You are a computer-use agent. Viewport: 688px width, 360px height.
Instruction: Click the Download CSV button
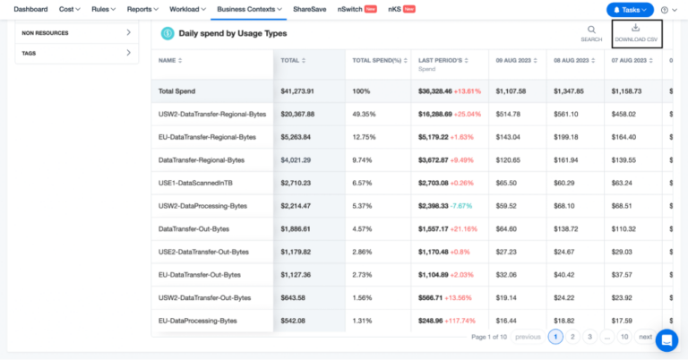[x=636, y=33]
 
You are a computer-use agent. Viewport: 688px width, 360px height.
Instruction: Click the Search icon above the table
[x=591, y=33]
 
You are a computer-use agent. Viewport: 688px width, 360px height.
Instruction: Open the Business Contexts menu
[x=249, y=9]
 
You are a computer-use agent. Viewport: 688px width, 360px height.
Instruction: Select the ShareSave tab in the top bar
[x=309, y=9]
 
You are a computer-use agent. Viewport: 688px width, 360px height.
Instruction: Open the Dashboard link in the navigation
[x=30, y=9]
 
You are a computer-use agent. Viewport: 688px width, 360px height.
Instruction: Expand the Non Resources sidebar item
[x=76, y=33]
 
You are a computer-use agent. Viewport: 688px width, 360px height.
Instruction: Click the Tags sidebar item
[x=76, y=54]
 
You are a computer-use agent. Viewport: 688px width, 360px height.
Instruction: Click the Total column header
[x=292, y=60]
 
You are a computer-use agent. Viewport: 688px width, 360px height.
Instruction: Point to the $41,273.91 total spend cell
[x=302, y=91]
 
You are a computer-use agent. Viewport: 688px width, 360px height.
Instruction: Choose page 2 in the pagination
[x=572, y=337]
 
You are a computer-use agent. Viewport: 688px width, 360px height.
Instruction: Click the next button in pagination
[x=645, y=337]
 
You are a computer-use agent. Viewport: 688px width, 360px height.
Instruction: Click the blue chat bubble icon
[x=666, y=340]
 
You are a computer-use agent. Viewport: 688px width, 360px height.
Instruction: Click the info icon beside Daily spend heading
[x=167, y=33]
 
